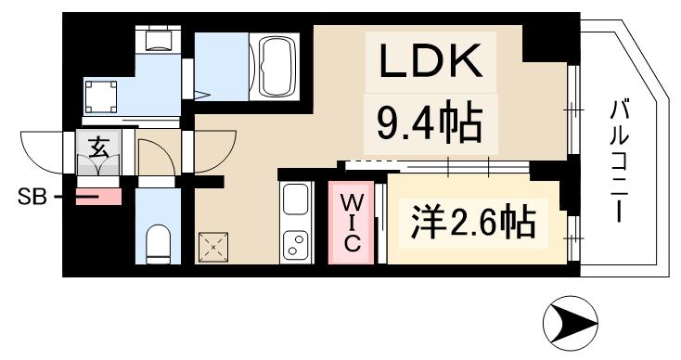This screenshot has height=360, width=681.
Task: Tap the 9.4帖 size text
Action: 429,121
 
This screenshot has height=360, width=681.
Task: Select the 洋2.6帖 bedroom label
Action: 471,222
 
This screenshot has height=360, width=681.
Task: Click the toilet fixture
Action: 160,242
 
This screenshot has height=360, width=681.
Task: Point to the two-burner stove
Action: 296,245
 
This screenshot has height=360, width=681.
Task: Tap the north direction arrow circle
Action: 567,325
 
